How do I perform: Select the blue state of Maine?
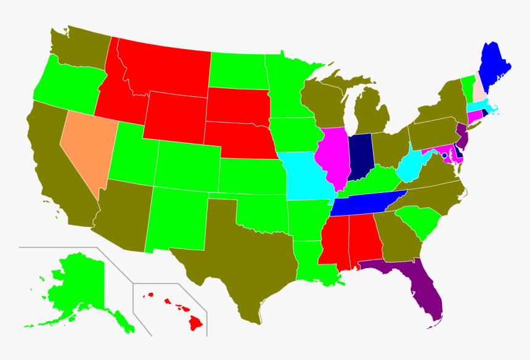point(493,68)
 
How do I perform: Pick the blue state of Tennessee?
point(364,203)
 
